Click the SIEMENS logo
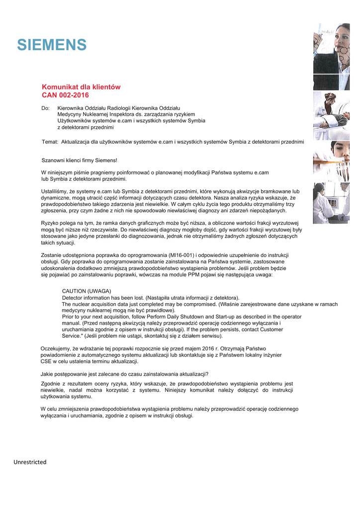point(52,45)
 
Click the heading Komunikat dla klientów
point(81,87)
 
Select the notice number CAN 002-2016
point(65,95)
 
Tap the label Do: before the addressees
point(45,108)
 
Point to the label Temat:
point(50,142)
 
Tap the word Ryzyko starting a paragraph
point(50,224)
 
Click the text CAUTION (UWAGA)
point(87,291)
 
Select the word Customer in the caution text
point(271,330)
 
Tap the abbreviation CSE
point(46,362)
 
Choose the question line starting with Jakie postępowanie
point(124,374)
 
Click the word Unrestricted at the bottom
point(30,462)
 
